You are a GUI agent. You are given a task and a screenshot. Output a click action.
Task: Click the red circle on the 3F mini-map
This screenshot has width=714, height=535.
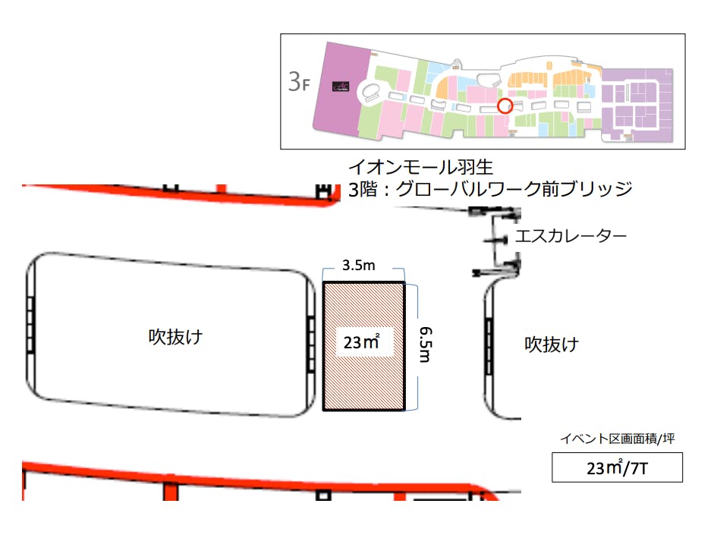point(505,105)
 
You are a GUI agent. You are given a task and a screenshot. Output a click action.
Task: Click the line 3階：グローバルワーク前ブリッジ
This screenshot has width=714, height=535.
point(489,188)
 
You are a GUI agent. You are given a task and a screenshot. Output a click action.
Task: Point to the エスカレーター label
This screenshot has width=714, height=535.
point(571,236)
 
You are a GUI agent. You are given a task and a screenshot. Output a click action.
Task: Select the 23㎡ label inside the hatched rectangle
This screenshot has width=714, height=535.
point(361,343)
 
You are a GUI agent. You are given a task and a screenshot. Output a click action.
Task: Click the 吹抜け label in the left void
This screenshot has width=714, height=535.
point(175,336)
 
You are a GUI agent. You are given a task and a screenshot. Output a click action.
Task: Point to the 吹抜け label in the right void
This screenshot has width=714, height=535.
point(552,345)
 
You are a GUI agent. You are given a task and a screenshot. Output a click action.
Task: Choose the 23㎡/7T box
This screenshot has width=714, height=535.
point(616,467)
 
